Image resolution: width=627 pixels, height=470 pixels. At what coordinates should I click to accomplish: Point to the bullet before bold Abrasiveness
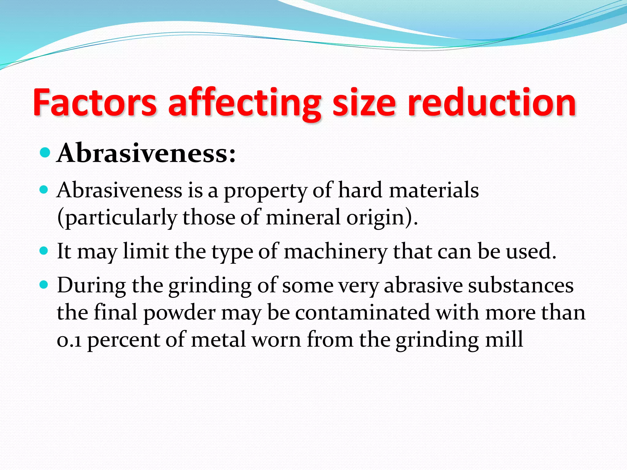pos(45,152)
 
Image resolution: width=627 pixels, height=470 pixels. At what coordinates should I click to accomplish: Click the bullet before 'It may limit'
pos(44,251)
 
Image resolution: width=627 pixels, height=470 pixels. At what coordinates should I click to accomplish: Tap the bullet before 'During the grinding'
pos(44,285)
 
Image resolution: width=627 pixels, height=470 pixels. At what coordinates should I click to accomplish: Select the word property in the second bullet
pos(265,191)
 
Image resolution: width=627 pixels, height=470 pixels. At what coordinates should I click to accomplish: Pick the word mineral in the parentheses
pos(303,217)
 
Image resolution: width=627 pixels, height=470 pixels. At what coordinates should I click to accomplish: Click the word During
pos(91,285)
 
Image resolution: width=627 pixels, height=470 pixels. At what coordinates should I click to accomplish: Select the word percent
pos(124,340)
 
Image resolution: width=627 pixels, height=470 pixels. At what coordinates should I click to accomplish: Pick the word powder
pos(180,313)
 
